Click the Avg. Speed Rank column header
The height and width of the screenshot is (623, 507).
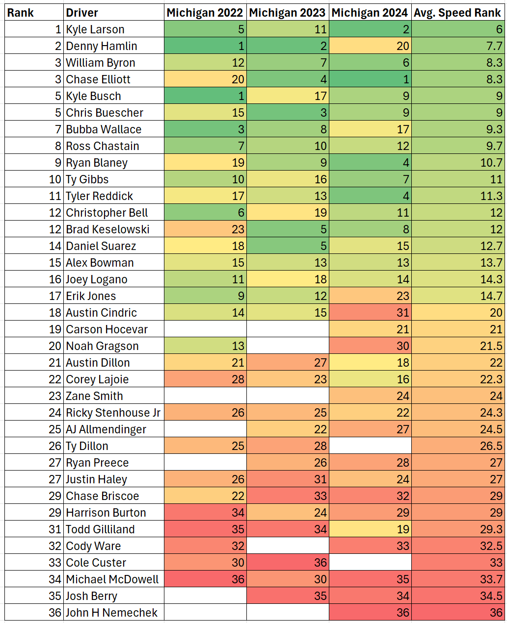click(457, 13)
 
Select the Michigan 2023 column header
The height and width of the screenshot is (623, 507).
click(287, 13)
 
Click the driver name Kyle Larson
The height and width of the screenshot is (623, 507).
click(95, 29)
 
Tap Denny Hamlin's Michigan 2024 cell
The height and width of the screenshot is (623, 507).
click(370, 46)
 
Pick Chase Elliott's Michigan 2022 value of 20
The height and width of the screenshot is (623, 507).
click(205, 79)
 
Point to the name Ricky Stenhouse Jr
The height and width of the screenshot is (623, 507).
click(113, 413)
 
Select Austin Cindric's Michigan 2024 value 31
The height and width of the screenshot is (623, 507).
click(370, 313)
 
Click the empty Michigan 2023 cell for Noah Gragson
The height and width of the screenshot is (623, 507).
click(288, 346)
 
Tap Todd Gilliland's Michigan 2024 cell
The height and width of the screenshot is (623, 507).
click(370, 529)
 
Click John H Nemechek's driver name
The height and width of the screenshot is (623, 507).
click(112, 613)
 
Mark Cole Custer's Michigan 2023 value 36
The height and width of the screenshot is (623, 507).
click(288, 563)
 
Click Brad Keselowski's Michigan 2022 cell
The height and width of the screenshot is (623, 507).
click(205, 229)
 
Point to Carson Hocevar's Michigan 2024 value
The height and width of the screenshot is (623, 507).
click(370, 329)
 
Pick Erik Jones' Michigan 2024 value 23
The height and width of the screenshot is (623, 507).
click(370, 296)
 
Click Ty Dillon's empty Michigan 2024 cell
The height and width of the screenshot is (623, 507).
click(370, 446)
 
